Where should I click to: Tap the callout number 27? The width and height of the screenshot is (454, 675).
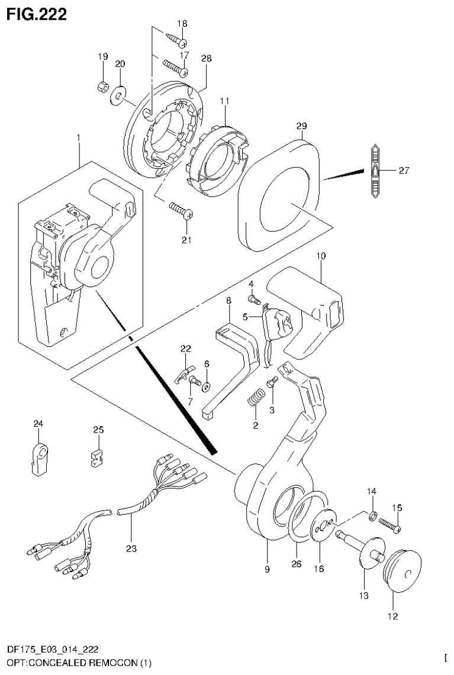[x=403, y=171]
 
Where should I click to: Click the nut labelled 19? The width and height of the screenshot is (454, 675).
[x=102, y=86]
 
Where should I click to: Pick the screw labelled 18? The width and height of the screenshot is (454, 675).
[x=178, y=40]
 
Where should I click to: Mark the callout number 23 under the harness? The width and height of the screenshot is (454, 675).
[x=131, y=549]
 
